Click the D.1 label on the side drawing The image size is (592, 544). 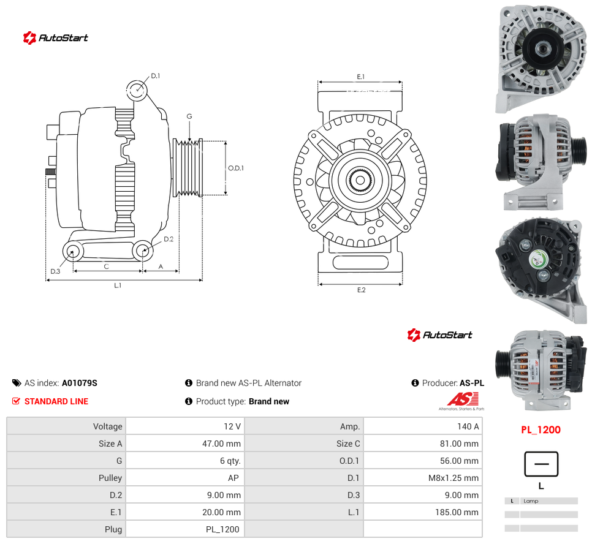pos(155,76)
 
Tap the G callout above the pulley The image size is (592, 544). pos(189,116)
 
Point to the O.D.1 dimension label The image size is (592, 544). pos(236,168)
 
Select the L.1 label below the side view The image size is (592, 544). pos(118,285)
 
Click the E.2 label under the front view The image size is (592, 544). pos(362,290)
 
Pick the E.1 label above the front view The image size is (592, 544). pos(361,77)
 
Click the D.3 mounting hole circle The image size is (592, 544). pos(73,251)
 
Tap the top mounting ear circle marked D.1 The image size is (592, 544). pos(137,90)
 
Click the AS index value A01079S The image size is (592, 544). pos(80,383)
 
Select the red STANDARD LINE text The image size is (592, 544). pos(56,401)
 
